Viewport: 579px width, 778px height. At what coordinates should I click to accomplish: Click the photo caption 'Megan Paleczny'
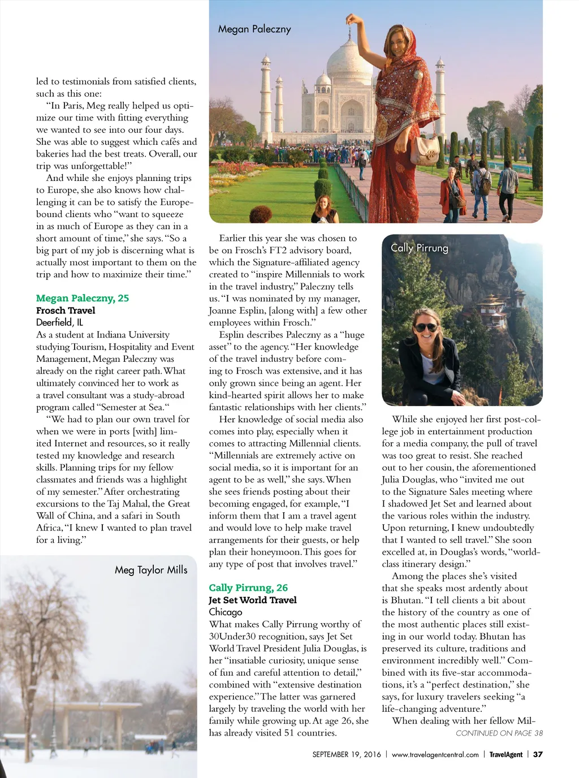[254, 29]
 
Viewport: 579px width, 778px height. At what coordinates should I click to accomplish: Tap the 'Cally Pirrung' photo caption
[419, 248]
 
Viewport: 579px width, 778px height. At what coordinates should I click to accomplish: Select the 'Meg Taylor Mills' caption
[151, 569]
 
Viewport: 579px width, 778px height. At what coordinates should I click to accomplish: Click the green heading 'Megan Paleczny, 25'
[83, 298]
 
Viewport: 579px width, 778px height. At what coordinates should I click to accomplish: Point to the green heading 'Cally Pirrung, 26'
[248, 587]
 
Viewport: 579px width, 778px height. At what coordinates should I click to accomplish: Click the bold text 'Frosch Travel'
[66, 310]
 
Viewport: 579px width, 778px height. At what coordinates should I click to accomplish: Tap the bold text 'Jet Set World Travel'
[252, 600]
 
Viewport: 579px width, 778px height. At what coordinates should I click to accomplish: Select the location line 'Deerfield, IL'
[59, 322]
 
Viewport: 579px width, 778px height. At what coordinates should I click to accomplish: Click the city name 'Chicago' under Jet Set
[225, 612]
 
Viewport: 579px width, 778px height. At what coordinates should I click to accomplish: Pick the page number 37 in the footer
[538, 754]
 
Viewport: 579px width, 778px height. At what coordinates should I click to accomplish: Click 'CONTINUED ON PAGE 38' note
[499, 733]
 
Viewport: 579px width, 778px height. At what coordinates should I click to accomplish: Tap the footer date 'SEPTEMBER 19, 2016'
[347, 754]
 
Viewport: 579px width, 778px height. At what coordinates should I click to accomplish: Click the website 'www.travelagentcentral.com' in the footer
[435, 754]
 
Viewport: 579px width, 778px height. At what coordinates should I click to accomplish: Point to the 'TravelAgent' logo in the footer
[505, 754]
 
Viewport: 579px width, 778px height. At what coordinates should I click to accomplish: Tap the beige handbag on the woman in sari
[424, 148]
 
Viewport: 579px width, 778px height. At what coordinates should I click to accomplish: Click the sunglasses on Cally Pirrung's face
[425, 327]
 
